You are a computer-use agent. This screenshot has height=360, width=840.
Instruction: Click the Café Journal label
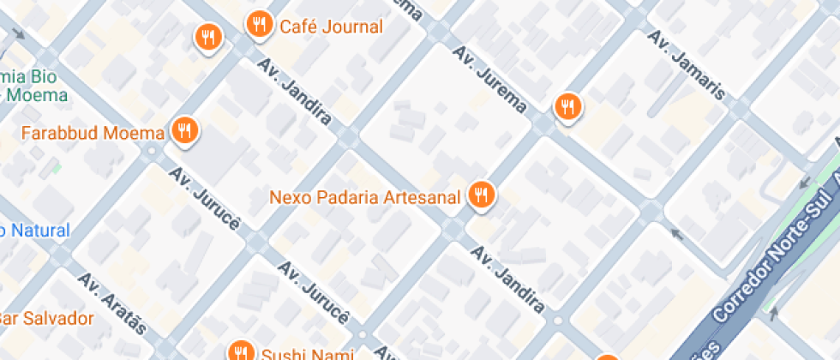pos(331,27)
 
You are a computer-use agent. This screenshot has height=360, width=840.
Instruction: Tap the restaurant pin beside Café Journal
pos(259,24)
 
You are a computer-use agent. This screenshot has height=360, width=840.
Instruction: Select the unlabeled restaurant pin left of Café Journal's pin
pos(207,37)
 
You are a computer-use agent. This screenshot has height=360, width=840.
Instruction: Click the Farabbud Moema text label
pos(93,133)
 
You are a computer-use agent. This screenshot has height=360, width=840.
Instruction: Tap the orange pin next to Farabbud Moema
pos(184,130)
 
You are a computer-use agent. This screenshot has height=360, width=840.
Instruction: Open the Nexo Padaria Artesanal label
pos(365,196)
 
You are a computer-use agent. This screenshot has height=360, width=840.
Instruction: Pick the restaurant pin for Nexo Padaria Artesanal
pos(482,195)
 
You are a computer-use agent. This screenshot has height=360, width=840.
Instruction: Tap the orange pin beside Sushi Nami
pos(240,351)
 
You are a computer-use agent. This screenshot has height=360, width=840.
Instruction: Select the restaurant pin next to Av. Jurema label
pos(567,106)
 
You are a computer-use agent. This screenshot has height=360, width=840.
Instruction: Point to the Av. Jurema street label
pos(490,81)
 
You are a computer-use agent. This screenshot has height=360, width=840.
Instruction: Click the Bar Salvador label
pos(45,319)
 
